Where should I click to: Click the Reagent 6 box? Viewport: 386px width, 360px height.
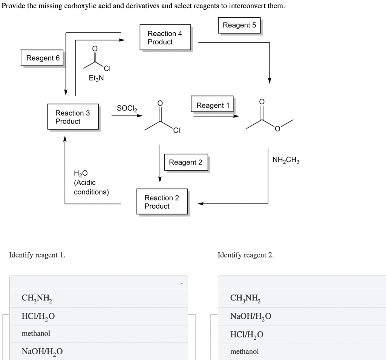(43, 58)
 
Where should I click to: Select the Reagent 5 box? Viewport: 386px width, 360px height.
(239, 25)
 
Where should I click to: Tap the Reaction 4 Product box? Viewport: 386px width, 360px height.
(165, 38)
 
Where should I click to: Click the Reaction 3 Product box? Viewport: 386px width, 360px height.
(73, 117)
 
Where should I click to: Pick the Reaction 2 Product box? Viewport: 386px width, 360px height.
(162, 202)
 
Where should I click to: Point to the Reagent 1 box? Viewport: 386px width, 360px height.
(213, 105)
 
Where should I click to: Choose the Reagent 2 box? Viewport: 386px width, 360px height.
(185, 162)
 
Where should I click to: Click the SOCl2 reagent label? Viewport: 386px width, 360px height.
(127, 108)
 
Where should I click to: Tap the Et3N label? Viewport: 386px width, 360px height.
(96, 78)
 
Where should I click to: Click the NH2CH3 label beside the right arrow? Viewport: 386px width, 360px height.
(286, 160)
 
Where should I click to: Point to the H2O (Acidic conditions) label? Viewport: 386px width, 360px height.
(91, 182)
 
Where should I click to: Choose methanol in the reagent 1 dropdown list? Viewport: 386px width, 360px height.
(36, 334)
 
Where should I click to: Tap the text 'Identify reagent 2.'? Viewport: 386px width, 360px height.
(246, 255)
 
